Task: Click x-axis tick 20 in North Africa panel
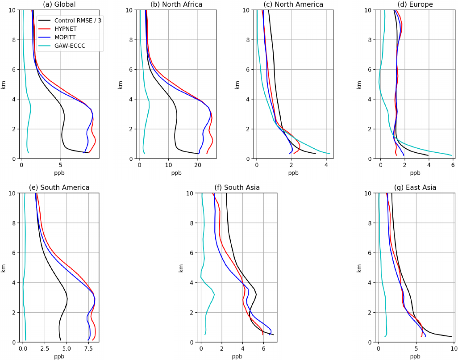198,164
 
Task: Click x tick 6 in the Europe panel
452,164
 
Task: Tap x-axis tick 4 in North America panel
326,164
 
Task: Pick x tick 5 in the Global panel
60,164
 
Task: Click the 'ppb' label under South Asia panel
237,356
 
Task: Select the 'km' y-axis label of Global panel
4,84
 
